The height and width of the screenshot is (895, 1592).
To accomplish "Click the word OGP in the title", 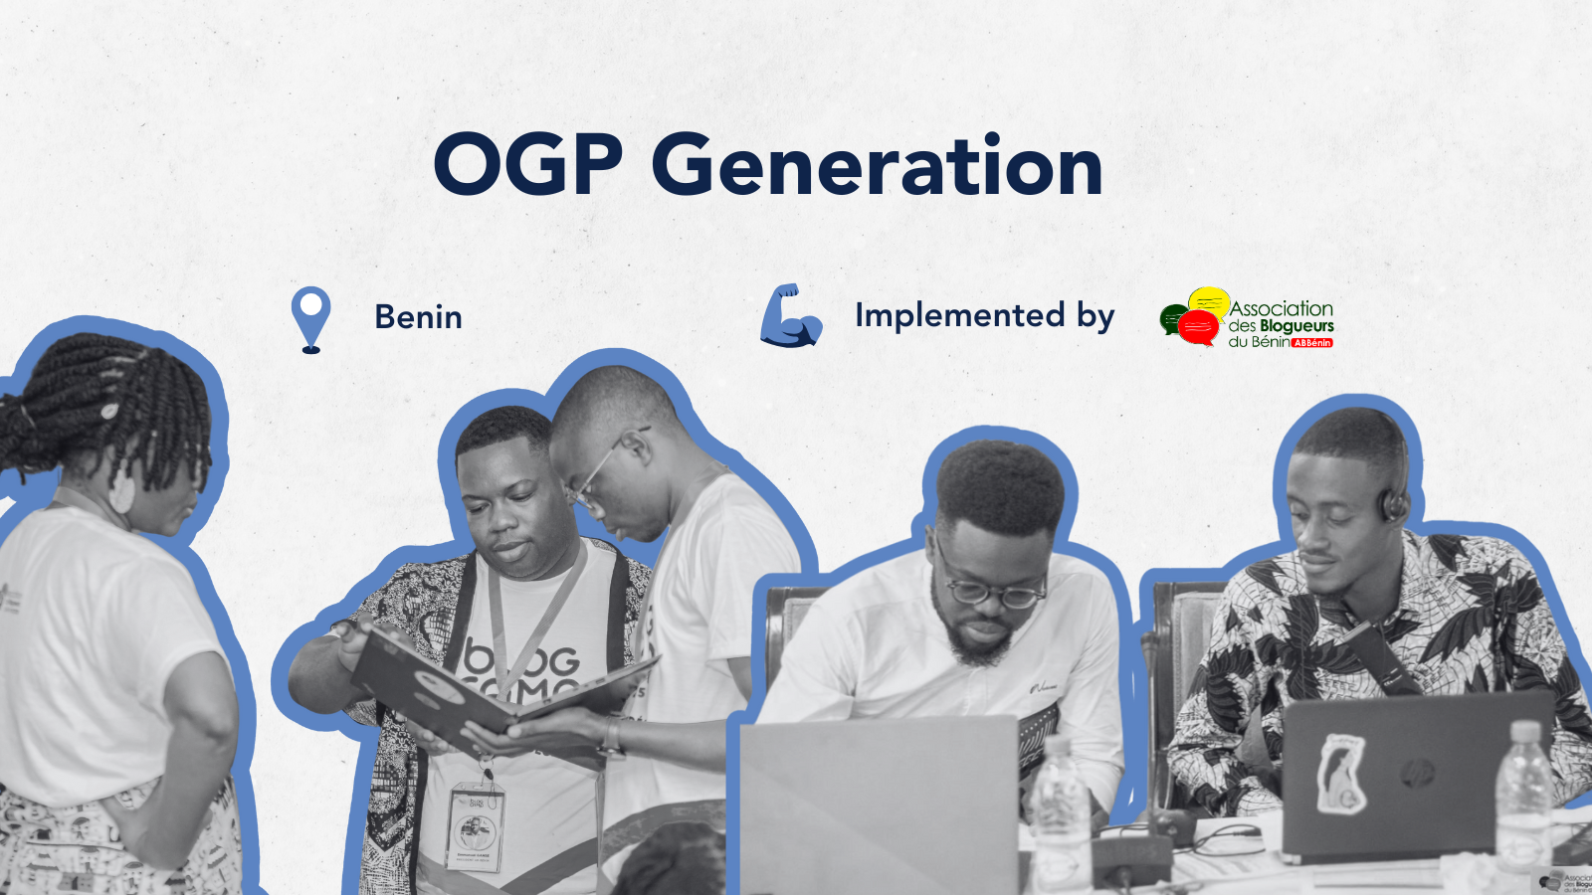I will pos(527,165).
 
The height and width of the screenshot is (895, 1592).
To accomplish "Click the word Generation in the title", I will pos(877,165).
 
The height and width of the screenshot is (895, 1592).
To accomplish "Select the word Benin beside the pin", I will pos(418,317).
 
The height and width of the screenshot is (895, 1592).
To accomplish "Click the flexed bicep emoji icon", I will pos(790,316).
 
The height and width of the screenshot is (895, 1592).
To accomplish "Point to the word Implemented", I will pos(959,315).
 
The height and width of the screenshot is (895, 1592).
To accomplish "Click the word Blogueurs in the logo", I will pos(1295,326).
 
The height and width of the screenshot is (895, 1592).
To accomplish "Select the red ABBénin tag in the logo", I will pos(1311,342).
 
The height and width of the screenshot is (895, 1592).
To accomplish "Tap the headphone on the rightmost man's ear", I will pos(1393,504).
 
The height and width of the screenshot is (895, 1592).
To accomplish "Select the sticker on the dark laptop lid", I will pos(1340,774).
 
